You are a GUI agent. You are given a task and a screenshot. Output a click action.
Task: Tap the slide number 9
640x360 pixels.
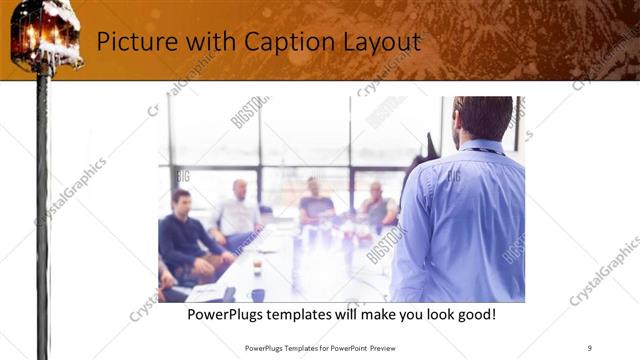[590, 347]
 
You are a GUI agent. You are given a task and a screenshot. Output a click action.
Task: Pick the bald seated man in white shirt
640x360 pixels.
[238, 211]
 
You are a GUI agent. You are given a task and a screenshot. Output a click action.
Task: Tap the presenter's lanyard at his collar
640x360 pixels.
[487, 150]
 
